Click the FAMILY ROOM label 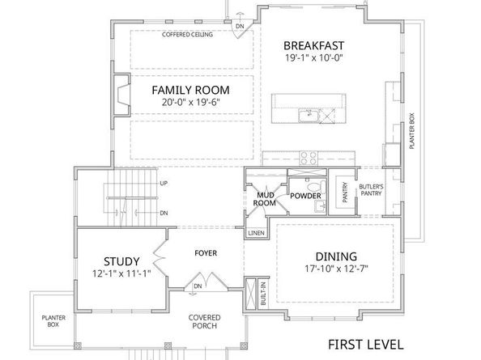click(x=190, y=90)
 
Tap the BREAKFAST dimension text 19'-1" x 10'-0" click(x=313, y=58)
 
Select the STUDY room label click(x=121, y=261)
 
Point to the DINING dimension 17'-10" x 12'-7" click(x=336, y=269)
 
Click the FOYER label click(x=206, y=253)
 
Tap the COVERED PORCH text click(x=204, y=322)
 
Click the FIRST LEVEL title click(x=366, y=345)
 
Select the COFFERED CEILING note click(x=187, y=34)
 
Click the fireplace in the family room click(x=123, y=95)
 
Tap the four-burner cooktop click(x=309, y=158)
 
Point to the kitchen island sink click(x=309, y=116)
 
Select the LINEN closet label click(x=257, y=233)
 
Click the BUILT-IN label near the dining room click(x=263, y=294)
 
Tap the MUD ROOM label click(x=264, y=199)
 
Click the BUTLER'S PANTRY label click(x=371, y=190)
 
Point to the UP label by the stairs click(x=164, y=183)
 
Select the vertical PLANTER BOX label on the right click(x=412, y=131)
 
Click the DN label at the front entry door click(x=198, y=286)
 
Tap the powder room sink click(x=321, y=206)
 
